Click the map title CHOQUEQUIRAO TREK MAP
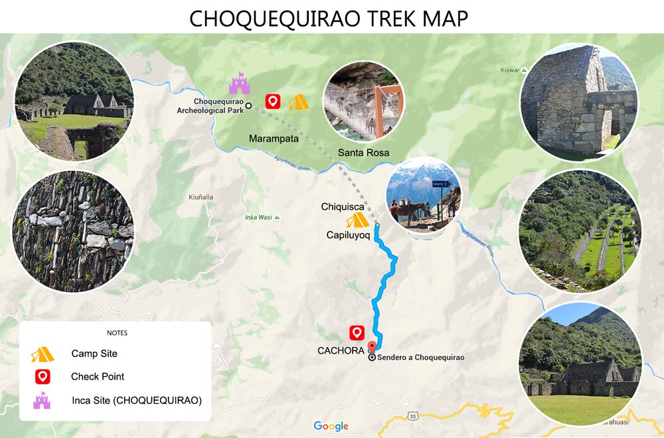tap(329, 18)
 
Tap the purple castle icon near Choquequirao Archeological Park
tap(239, 83)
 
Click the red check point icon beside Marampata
tap(272, 102)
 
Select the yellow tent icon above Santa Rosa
tap(298, 102)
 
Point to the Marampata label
tap(274, 139)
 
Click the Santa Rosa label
tap(363, 153)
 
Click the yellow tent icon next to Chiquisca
tap(357, 220)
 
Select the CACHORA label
tap(340, 350)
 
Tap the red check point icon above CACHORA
tap(357, 333)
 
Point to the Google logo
tap(331, 427)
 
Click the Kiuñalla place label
tap(201, 197)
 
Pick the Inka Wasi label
tap(259, 217)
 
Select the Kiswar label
tap(510, 70)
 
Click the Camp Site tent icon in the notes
tap(42, 354)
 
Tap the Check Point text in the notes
tap(98, 376)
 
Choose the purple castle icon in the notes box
tap(42, 400)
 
